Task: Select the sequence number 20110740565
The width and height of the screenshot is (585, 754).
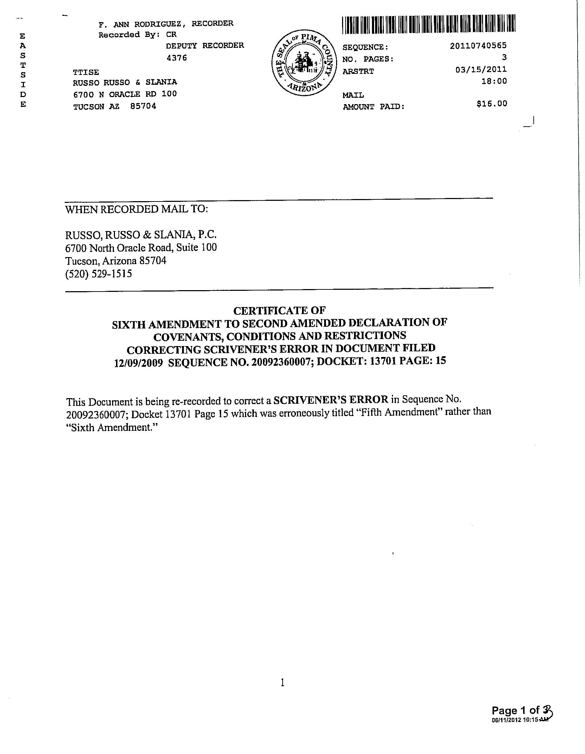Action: point(478,46)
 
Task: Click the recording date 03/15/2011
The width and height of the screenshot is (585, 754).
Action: point(481,69)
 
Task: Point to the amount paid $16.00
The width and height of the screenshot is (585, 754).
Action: point(492,103)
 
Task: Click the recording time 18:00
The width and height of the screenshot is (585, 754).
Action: point(494,81)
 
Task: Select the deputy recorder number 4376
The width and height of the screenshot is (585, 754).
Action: point(176,58)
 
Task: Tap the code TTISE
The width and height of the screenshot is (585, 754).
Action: point(86,72)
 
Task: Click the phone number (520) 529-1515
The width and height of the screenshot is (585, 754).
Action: point(99,274)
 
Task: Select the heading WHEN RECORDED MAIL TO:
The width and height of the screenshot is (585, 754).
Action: point(137,209)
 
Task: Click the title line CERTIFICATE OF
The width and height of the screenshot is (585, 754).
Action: point(279,311)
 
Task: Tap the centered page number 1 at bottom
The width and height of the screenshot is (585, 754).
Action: point(282,683)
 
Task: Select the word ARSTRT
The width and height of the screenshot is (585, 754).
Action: point(358,71)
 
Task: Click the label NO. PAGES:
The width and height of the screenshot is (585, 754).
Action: point(368,59)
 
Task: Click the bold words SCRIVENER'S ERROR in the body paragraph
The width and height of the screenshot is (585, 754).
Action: point(331,400)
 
